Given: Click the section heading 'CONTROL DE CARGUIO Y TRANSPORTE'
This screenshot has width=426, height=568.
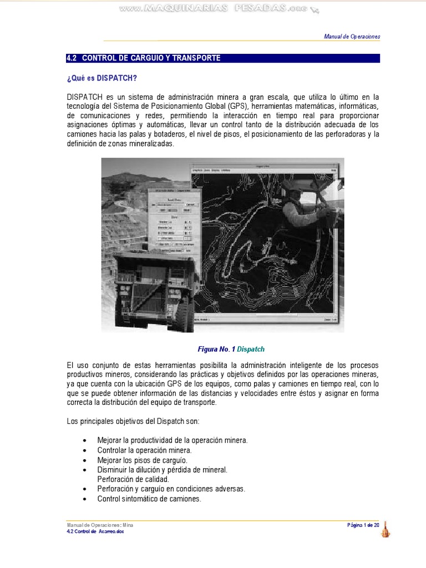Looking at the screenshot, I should tap(151, 58).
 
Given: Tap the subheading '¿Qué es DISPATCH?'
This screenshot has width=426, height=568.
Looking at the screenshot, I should tap(101, 78).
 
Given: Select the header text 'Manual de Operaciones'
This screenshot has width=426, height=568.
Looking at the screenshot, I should tap(352, 37).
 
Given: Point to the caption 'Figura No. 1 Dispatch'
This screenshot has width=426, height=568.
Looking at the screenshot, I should tap(231, 349).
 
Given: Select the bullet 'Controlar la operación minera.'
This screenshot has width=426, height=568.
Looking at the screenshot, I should tap(144, 450).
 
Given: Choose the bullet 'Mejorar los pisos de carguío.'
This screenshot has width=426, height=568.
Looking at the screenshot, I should tap(142, 460).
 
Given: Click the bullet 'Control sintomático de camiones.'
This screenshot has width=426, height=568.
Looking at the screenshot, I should tap(149, 499).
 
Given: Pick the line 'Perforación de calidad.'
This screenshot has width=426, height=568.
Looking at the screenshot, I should tap(133, 479).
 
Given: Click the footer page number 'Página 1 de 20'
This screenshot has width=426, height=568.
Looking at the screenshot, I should tap(363, 525).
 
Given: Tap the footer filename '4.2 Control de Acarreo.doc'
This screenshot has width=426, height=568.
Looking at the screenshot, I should tap(95, 531).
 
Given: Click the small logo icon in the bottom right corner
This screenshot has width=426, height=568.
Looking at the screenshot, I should tap(385, 530).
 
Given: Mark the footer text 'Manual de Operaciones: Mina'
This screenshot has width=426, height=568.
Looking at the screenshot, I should tap(99, 525).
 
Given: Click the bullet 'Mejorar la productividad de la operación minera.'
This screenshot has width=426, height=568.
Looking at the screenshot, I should tap(172, 440).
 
